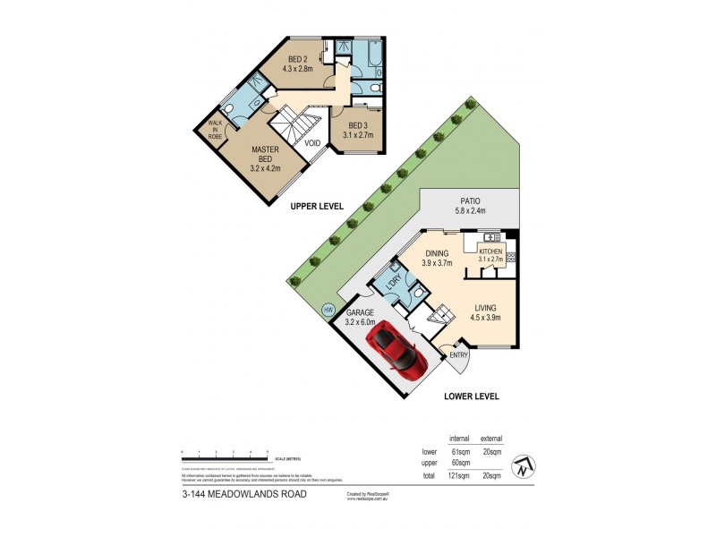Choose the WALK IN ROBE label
(215, 130)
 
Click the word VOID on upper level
(312, 143)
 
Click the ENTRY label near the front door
(459, 355)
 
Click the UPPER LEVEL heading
(317, 206)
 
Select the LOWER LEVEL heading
(469, 396)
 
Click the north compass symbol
(522, 467)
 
